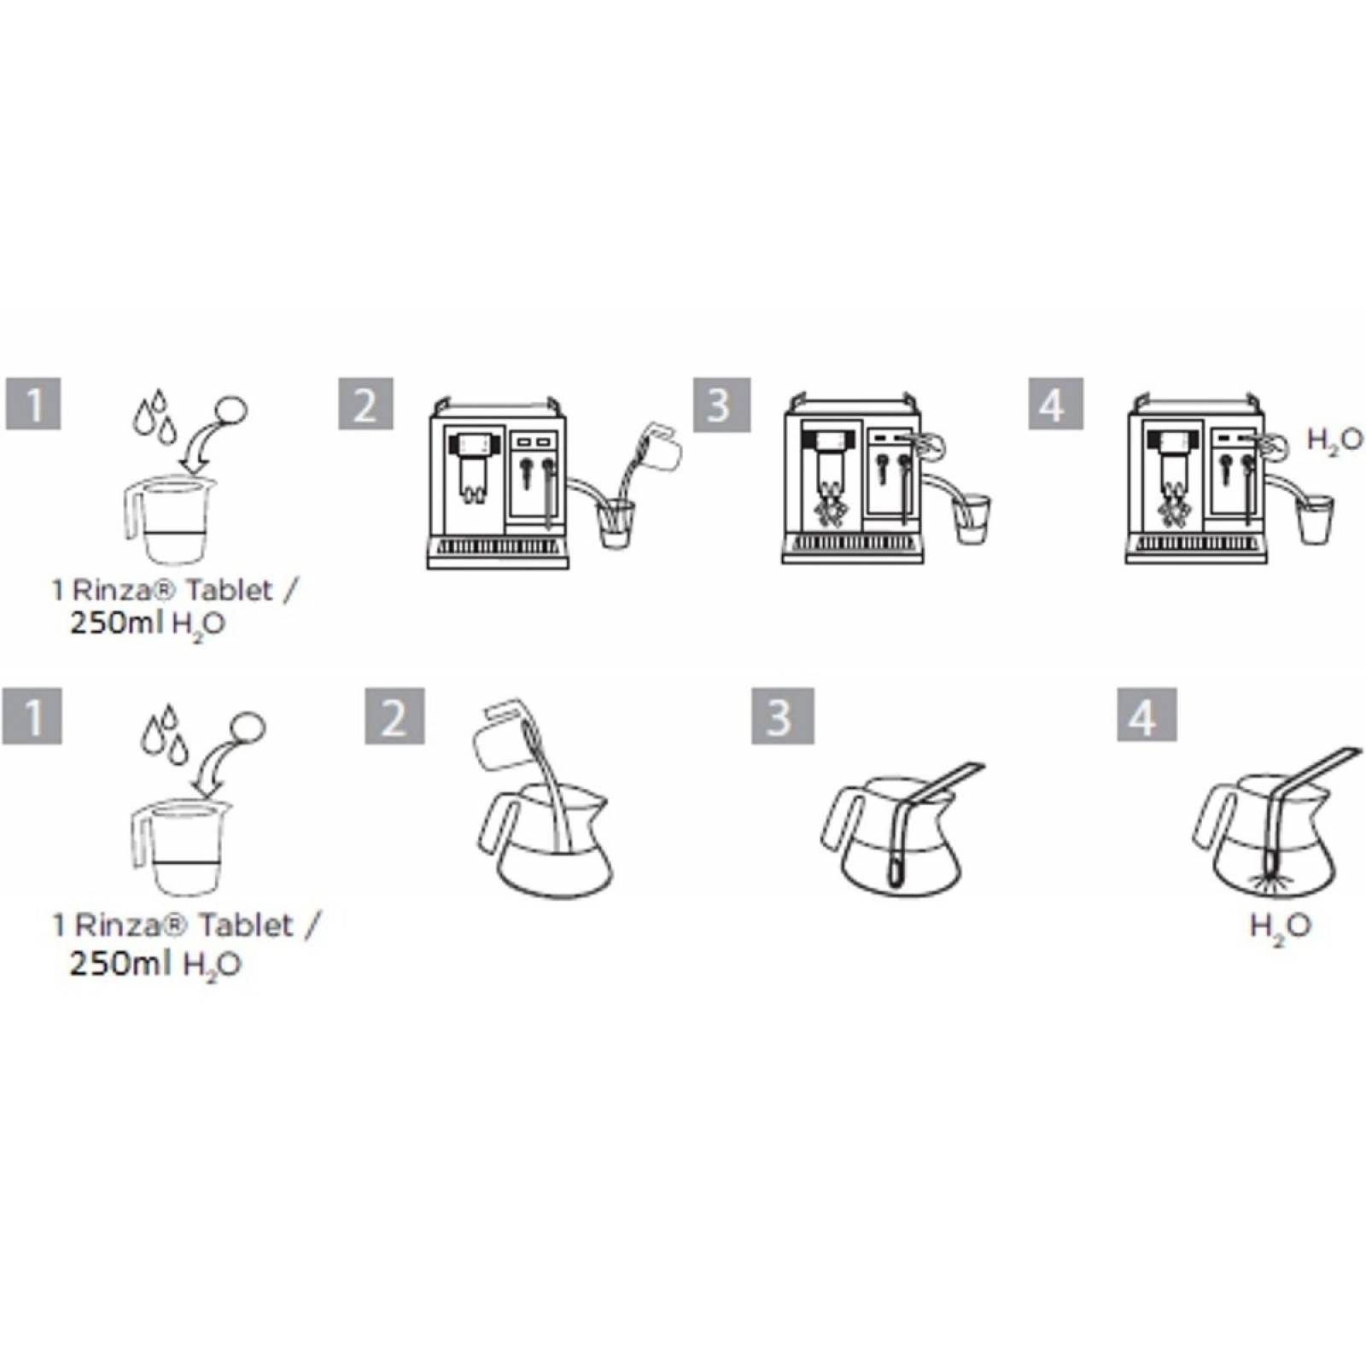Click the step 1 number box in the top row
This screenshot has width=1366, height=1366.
click(34, 403)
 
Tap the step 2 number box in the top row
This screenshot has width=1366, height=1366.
click(365, 403)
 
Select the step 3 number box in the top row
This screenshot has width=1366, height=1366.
click(721, 404)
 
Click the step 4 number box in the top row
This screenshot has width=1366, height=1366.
click(1056, 403)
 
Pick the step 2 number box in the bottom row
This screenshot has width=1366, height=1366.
click(394, 715)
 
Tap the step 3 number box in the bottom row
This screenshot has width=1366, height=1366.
click(782, 715)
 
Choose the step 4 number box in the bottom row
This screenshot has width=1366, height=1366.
click(1147, 715)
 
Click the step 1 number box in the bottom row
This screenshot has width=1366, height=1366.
click(32, 715)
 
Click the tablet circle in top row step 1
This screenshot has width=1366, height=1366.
click(231, 410)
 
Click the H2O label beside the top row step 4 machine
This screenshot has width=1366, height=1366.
click(1335, 441)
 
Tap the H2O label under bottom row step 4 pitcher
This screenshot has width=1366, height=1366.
click(1280, 927)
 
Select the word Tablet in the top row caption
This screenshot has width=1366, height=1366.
click(230, 590)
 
